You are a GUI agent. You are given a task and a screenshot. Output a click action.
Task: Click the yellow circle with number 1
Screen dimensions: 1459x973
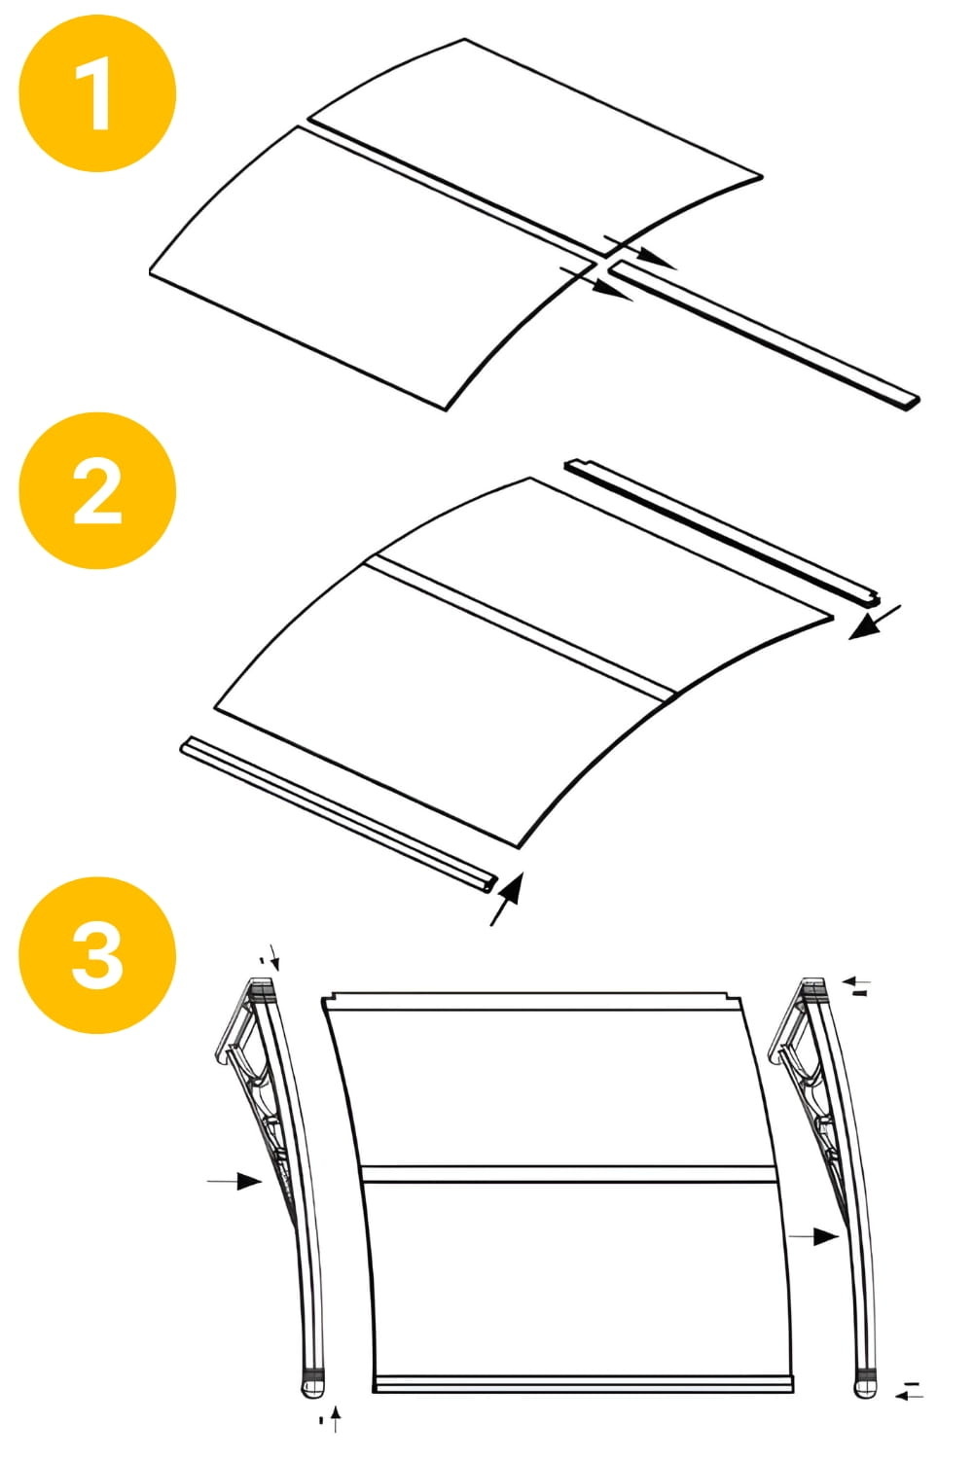pyautogui.click(x=97, y=93)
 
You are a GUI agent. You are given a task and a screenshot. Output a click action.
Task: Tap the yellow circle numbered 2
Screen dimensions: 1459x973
pyautogui.click(x=97, y=490)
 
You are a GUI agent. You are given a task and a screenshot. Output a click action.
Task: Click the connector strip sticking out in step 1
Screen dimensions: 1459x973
pyautogui.click(x=769, y=336)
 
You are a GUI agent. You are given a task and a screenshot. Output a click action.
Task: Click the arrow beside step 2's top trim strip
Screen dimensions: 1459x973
pyautogui.click(x=874, y=623)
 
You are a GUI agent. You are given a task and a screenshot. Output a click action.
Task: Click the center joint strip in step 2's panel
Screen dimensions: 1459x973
pyautogui.click(x=521, y=628)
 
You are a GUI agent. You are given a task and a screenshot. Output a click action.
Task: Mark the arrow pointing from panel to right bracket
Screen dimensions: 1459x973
pyautogui.click(x=813, y=1236)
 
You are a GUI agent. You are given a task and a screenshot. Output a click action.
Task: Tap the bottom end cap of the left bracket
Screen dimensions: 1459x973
pyautogui.click(x=312, y=1382)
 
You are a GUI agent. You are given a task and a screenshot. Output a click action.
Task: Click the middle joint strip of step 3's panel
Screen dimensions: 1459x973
pyautogui.click(x=569, y=1173)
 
